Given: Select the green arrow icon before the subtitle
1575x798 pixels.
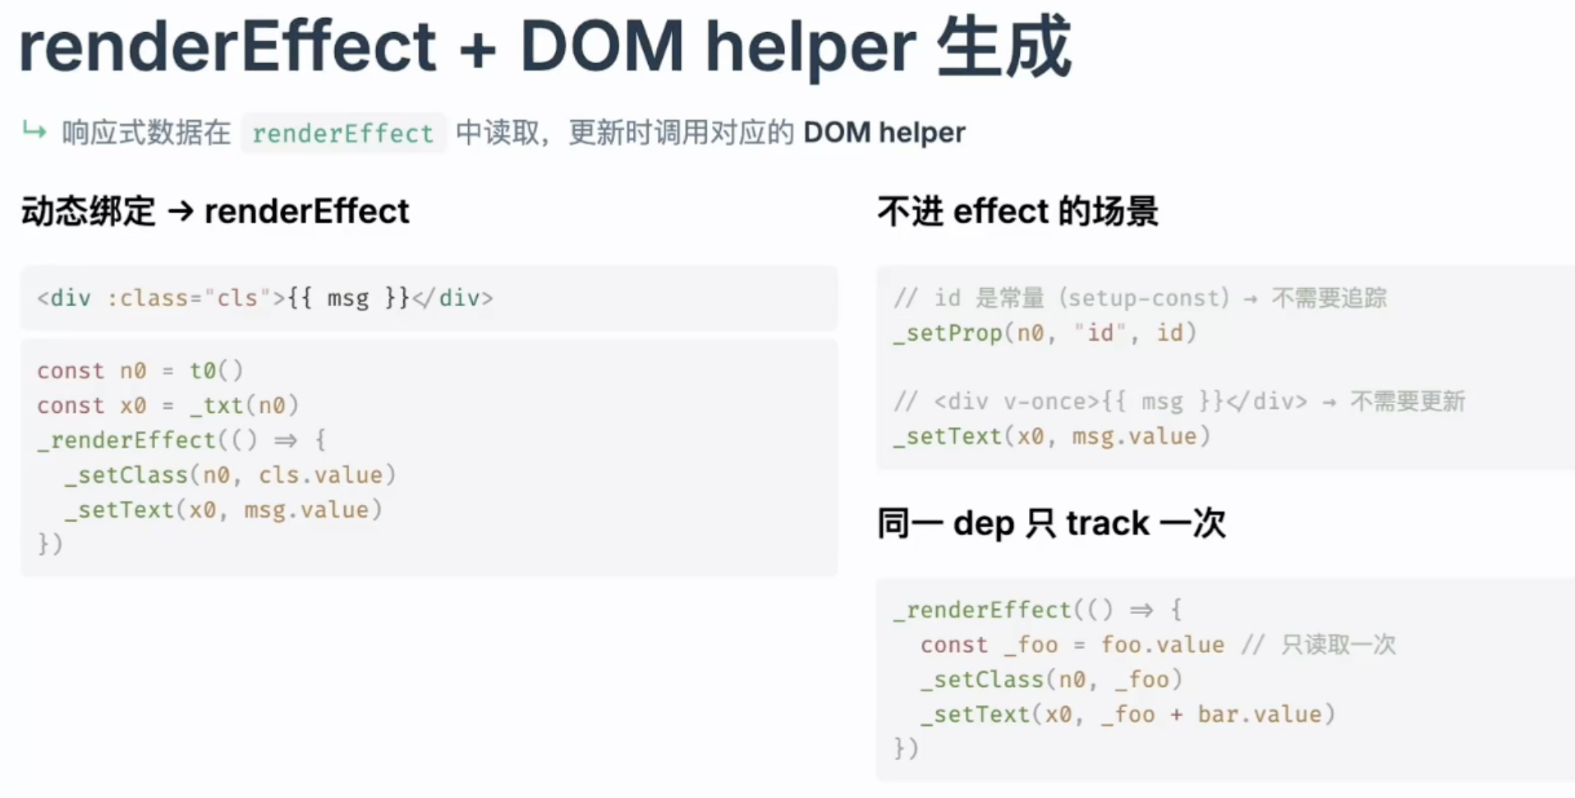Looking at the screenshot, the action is point(34,130).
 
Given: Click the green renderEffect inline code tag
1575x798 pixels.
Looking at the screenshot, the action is point(342,133).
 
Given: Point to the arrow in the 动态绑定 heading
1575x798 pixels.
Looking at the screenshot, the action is point(180,212).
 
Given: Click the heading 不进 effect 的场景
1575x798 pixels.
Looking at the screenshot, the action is point(1017,211).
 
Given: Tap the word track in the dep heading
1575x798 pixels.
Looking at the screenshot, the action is point(1108,523).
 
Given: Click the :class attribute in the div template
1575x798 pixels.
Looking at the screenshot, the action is point(147,298).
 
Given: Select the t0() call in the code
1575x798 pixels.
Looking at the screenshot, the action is point(217,370).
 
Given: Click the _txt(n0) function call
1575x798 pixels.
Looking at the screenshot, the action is point(245,406).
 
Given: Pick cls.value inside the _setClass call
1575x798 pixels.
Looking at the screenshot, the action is point(320,475).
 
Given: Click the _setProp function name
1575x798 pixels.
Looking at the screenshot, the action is point(948,333).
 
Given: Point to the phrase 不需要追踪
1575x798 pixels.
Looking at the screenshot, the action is point(1329,297).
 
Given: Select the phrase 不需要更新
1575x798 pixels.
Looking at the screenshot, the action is point(1407,401).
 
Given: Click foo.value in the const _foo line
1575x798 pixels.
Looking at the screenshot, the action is point(1163,644).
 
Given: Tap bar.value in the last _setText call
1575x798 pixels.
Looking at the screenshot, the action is point(1260,714).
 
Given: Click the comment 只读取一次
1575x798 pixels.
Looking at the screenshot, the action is point(1339,644).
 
